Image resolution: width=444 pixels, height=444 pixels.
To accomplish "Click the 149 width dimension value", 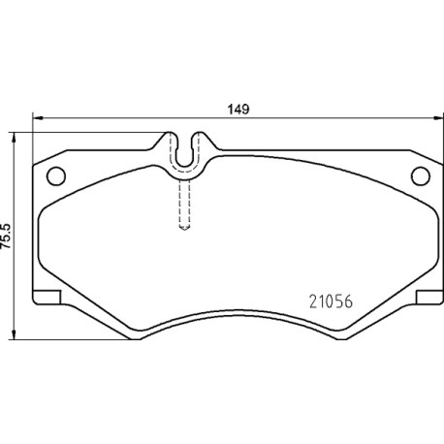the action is [x=238, y=110].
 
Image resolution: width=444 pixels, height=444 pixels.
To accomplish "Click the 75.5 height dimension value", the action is [x=7, y=236].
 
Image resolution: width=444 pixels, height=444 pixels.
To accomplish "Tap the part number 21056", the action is [x=331, y=301].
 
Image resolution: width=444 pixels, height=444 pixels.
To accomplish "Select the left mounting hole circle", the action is [x=56, y=175].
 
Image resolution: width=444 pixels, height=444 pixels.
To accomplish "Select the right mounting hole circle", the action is [x=421, y=175].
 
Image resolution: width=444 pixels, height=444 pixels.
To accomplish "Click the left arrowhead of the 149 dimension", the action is [x=38, y=118].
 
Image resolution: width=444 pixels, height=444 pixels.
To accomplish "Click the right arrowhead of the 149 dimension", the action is [x=438, y=118].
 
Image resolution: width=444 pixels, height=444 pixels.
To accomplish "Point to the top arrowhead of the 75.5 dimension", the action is [x=14, y=138].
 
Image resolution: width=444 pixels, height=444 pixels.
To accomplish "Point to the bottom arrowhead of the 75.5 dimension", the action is [x=14, y=334].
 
